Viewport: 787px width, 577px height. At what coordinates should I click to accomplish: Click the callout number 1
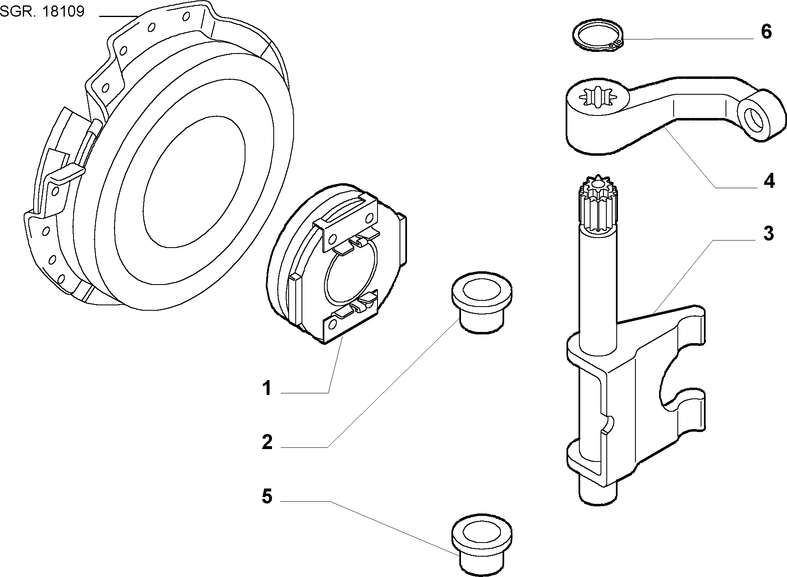[267, 389]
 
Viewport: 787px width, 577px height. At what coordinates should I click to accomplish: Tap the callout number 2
[267, 442]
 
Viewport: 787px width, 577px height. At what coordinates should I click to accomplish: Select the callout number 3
[768, 234]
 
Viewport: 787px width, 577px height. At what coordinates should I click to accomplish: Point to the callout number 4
[769, 181]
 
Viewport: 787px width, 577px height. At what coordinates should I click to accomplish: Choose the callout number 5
[267, 496]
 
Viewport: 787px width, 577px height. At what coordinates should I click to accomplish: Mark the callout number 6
[766, 32]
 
